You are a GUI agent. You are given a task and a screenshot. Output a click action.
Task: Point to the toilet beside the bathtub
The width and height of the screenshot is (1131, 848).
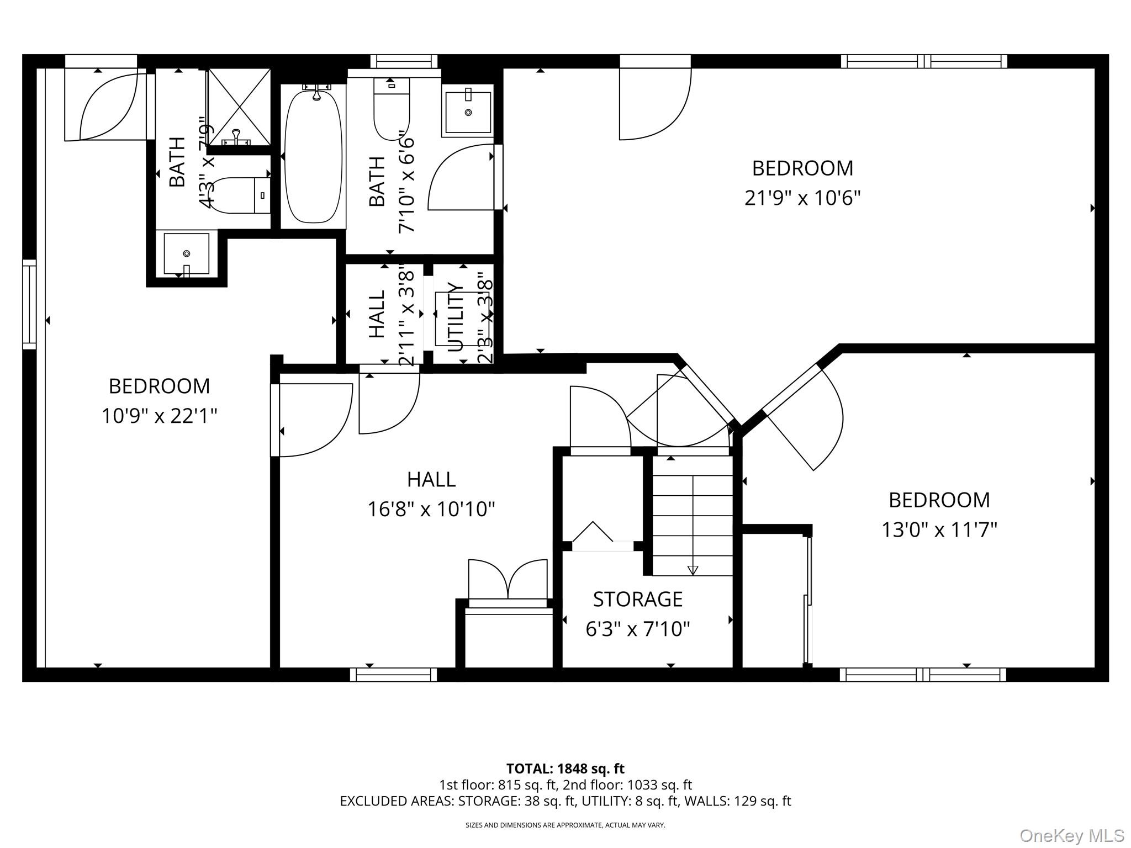click(392, 108)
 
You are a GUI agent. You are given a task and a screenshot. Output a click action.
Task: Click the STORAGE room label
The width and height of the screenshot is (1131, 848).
click(638, 599)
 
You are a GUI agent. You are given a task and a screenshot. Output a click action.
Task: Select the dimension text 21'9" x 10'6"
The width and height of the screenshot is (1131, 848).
click(802, 198)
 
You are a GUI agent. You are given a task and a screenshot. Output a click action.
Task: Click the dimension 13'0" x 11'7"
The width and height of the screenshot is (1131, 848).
click(939, 530)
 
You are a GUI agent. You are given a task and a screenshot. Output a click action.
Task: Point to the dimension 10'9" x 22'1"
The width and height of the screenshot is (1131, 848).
click(159, 416)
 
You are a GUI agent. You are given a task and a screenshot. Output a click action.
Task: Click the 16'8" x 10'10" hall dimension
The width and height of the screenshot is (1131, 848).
click(431, 509)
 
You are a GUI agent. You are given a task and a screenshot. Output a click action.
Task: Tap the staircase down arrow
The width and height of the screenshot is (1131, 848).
click(693, 570)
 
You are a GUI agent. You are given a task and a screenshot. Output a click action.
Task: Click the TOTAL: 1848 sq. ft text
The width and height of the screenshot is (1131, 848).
click(565, 768)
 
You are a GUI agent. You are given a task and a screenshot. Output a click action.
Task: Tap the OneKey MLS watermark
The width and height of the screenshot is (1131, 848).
click(1071, 835)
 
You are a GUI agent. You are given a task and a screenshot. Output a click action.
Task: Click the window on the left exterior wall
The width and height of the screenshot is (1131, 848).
click(29, 304)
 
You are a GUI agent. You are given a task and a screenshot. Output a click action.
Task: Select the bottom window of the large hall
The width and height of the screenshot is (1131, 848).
click(393, 675)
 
